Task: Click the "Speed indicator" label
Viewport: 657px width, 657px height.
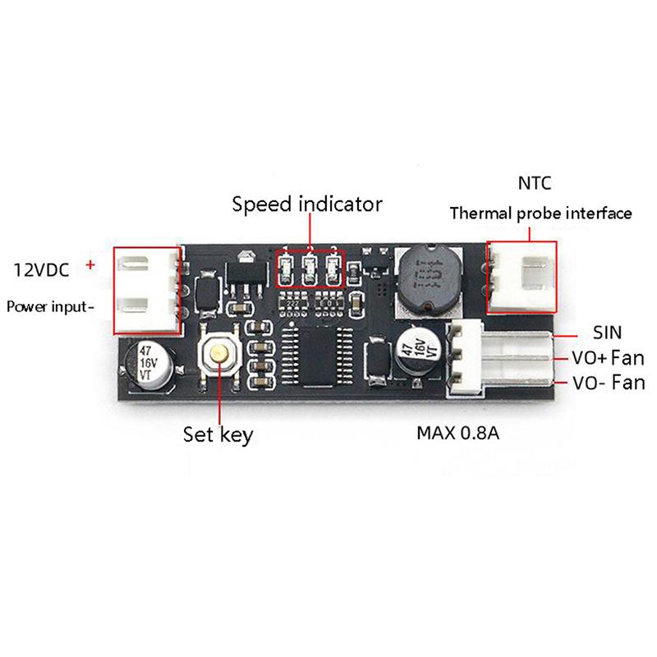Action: click(x=307, y=204)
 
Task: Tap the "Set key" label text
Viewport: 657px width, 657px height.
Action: click(x=218, y=433)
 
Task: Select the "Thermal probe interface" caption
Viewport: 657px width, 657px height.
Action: click(x=541, y=214)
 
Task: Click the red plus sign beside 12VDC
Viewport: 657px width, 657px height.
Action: click(x=90, y=264)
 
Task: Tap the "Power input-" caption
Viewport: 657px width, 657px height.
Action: click(x=48, y=307)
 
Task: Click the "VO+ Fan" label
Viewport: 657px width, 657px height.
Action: click(x=608, y=358)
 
